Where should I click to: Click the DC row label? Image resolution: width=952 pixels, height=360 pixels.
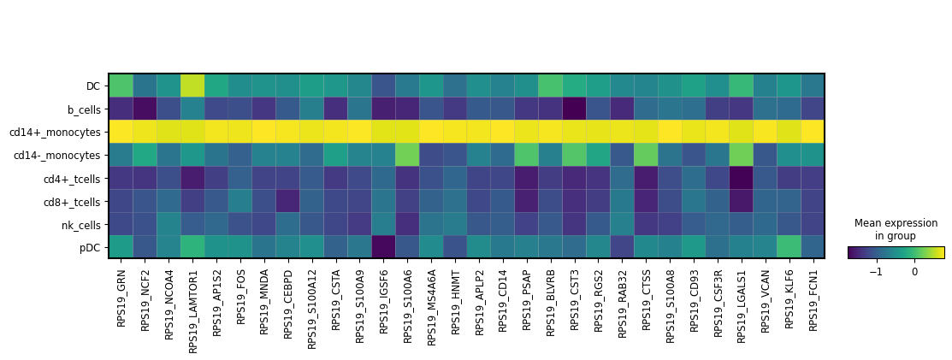[93, 86]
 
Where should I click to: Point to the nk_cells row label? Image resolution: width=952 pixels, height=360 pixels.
[80, 224]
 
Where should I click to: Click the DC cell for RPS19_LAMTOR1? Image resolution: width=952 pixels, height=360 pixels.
[192, 86]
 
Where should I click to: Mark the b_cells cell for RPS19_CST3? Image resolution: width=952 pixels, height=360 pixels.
[574, 109]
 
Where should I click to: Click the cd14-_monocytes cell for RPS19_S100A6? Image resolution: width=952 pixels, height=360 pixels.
[407, 155]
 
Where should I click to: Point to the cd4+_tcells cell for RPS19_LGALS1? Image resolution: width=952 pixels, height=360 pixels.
[742, 178]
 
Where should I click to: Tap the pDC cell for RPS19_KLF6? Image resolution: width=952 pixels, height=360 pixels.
[789, 246]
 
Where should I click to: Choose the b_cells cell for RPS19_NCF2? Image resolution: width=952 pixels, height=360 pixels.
[145, 109]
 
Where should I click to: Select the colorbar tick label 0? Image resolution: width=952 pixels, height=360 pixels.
[914, 272]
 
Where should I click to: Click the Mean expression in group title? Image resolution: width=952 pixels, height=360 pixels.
[896, 229]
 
